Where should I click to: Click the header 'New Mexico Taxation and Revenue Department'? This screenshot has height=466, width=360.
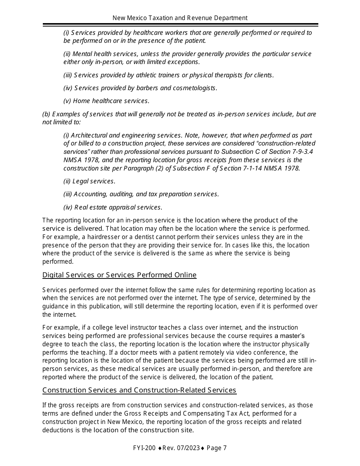coord(180,18)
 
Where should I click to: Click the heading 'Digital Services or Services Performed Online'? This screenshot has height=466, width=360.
coord(119,275)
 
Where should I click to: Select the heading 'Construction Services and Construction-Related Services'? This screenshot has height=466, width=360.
coord(139,390)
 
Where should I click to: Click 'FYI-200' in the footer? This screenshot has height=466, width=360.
coord(144,448)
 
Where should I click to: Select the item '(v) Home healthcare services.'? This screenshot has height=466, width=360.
coord(106,101)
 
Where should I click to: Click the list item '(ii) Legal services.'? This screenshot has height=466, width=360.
coord(89,181)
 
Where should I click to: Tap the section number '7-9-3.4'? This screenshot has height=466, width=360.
coord(299,152)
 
